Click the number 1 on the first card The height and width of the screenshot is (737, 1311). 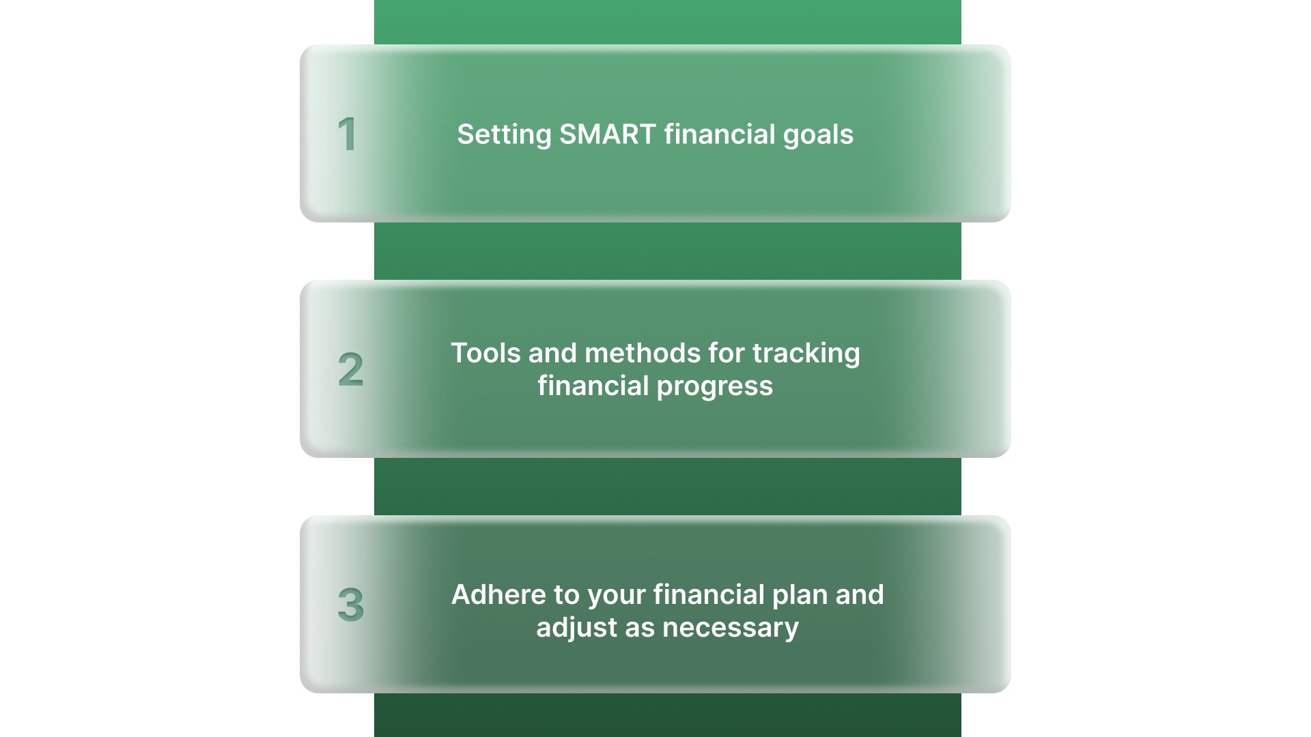click(x=348, y=134)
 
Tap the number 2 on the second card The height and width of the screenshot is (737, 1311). click(x=351, y=369)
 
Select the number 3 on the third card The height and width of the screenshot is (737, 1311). click(x=351, y=605)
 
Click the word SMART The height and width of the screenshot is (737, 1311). click(x=608, y=134)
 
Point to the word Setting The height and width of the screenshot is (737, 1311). click(x=504, y=134)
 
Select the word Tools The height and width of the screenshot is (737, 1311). click(x=485, y=353)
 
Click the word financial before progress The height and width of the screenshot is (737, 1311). click(x=593, y=386)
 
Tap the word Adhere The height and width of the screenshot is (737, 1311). click(x=498, y=595)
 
